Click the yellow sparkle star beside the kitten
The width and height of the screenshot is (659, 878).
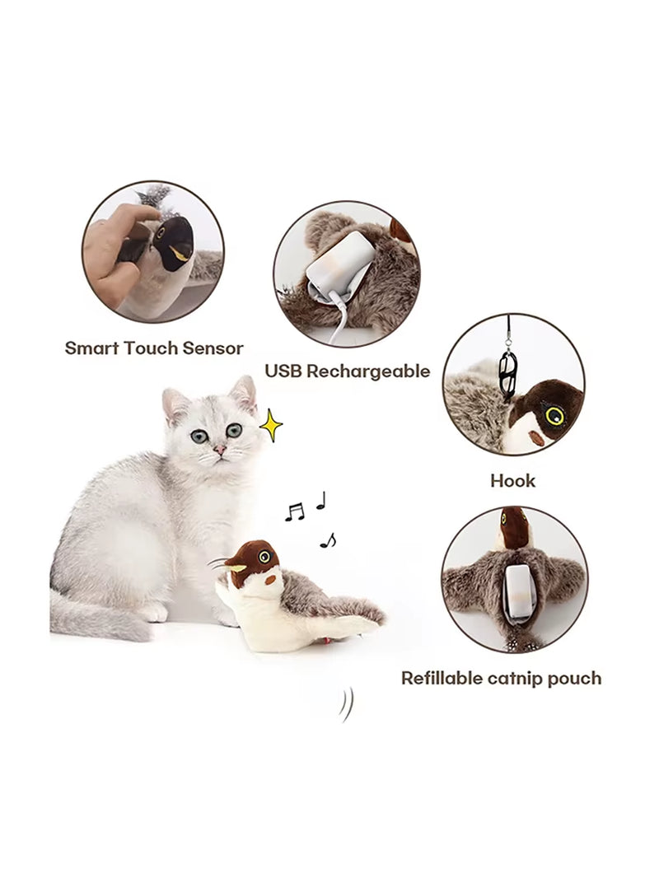[270, 424]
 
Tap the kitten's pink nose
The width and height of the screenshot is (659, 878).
[221, 449]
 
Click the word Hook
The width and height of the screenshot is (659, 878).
[512, 480]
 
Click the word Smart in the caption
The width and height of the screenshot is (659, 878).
[92, 348]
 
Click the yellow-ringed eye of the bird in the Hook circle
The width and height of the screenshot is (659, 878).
[554, 414]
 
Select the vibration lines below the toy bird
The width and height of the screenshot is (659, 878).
[346, 705]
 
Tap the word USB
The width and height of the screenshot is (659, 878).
[283, 371]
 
